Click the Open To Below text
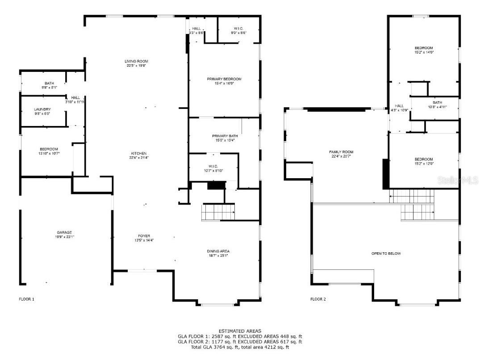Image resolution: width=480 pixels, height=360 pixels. [x=386, y=254]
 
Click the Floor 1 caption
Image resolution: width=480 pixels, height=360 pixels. [x=26, y=299]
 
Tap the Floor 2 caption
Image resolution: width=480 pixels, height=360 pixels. [x=318, y=299]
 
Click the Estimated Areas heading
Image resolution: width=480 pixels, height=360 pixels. [x=240, y=331]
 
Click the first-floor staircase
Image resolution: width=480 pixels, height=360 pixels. [x=218, y=212]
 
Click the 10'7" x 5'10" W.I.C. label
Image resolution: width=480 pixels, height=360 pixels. [x=212, y=168]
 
